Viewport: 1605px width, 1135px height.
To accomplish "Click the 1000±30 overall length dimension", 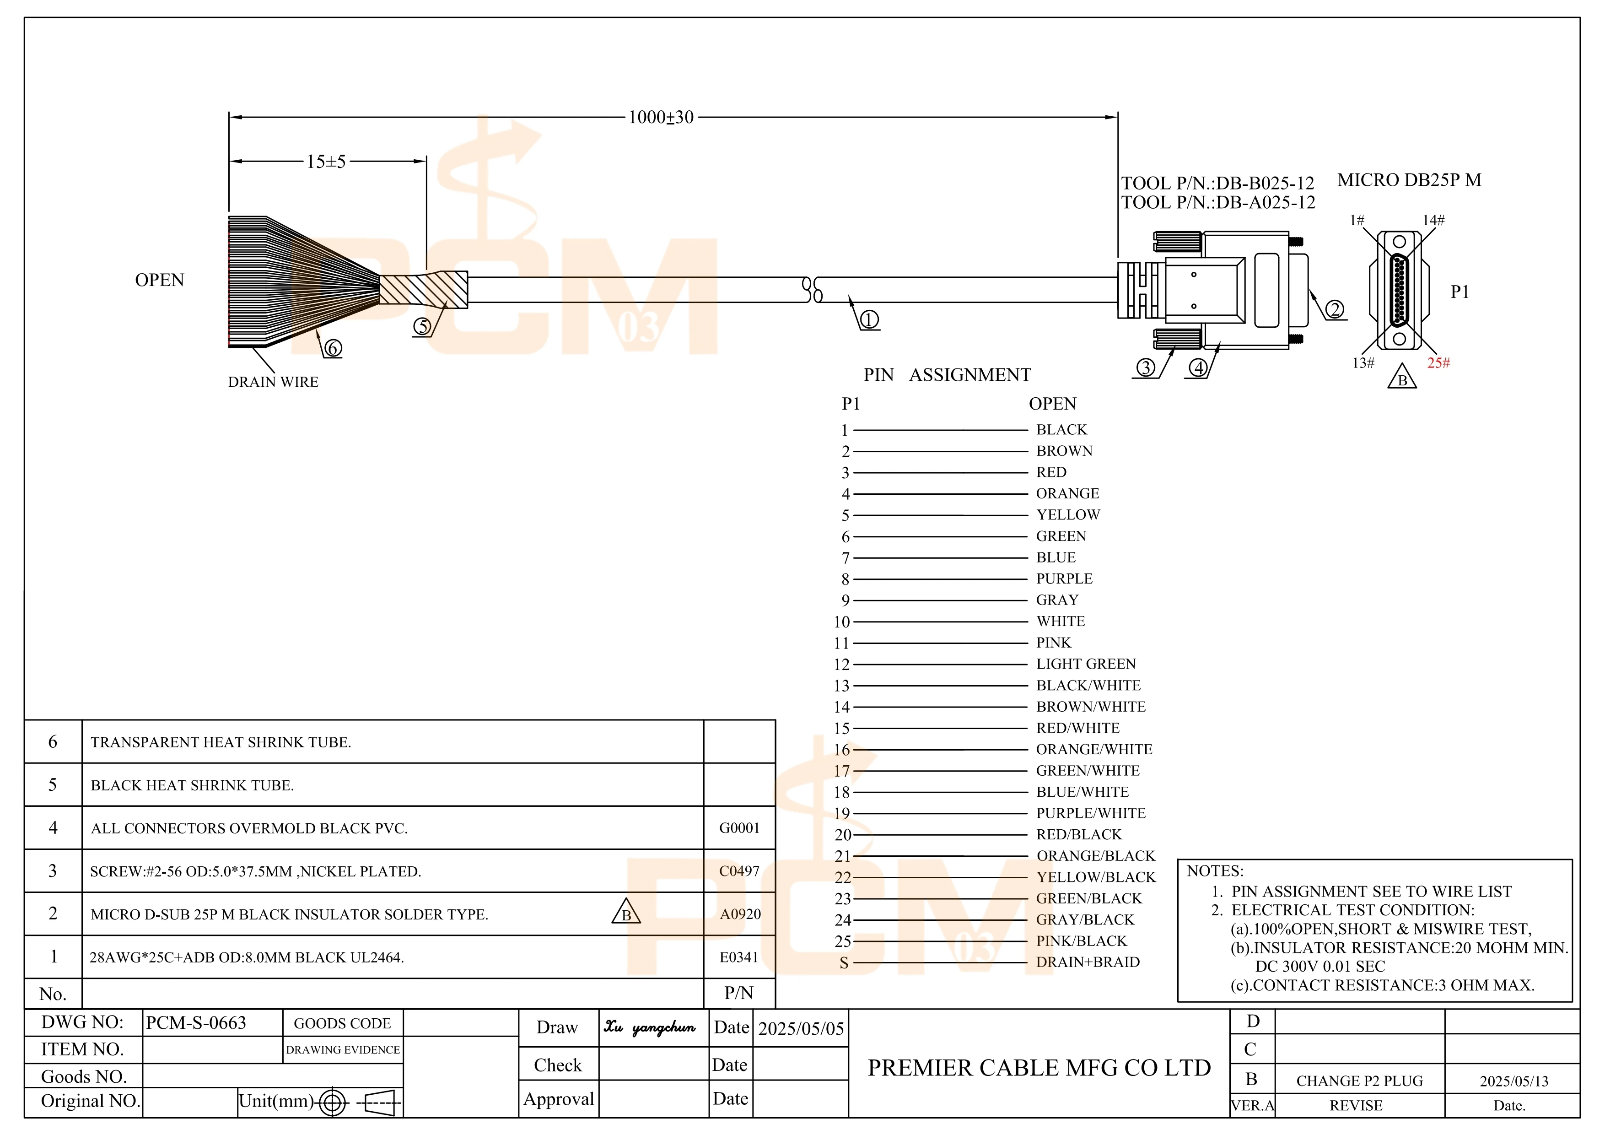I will tap(661, 118).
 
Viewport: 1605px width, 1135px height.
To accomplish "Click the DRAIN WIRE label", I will tap(273, 382).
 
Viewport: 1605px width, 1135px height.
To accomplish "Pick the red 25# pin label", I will tap(1438, 363).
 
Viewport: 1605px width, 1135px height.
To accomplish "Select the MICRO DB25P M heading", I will tap(1409, 180).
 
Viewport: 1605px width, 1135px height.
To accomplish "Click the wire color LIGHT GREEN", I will tap(1086, 664).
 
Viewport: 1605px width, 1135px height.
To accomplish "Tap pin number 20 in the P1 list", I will tap(843, 835).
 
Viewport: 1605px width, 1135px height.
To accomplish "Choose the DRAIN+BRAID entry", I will tap(1088, 962).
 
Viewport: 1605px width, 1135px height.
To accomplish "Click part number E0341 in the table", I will tap(739, 957).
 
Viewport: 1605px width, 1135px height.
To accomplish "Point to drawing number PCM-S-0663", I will tap(196, 1023).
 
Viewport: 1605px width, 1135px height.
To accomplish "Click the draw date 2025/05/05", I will tap(801, 1029).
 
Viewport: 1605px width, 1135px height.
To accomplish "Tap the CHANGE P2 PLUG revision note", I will tap(1359, 1081).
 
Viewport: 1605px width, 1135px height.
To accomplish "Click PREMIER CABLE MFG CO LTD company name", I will tap(1039, 1068).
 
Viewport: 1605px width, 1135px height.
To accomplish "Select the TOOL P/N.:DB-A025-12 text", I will tap(1218, 203).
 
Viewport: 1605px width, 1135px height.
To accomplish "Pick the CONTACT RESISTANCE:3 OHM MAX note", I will tap(1382, 985).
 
